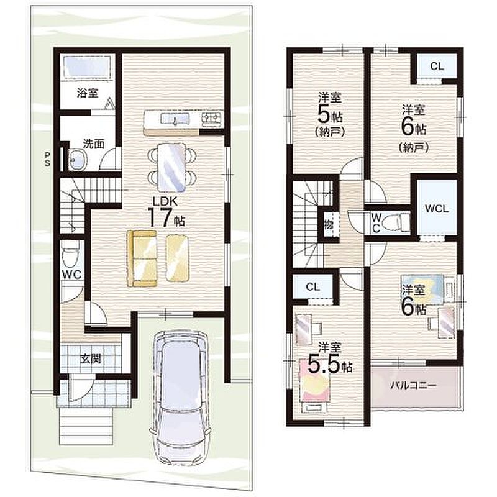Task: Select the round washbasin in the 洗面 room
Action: [77, 159]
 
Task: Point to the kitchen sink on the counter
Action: [175, 119]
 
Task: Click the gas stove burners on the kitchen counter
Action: [211, 119]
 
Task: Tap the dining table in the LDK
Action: [171, 167]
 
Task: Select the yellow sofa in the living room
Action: [142, 258]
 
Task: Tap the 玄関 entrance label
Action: [90, 359]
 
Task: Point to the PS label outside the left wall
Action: [47, 159]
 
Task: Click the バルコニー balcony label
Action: [413, 385]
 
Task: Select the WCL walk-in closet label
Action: [437, 209]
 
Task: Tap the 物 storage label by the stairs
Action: [329, 225]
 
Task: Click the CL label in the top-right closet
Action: [437, 66]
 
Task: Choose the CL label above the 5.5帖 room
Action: [313, 287]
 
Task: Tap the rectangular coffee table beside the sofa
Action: [178, 257]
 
